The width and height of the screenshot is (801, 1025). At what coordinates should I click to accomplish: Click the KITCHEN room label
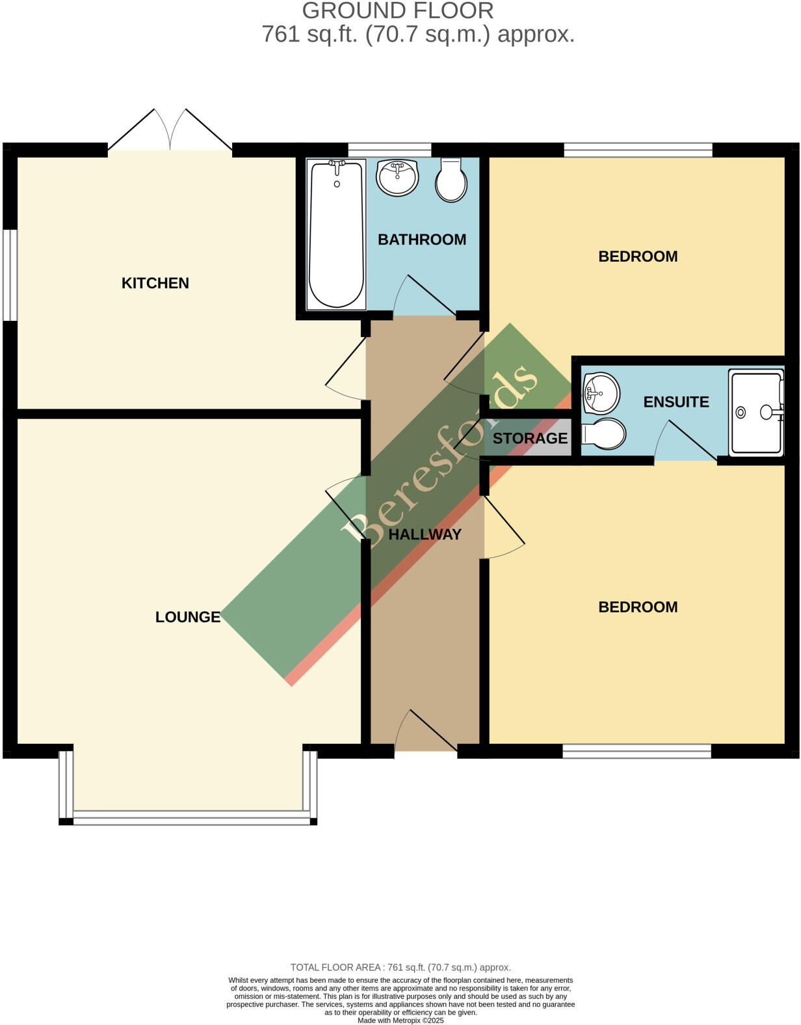tap(155, 283)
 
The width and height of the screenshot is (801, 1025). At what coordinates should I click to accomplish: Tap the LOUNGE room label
tap(188, 617)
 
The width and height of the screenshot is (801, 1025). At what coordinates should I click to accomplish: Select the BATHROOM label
tap(422, 239)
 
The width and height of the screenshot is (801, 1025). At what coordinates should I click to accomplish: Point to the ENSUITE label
tap(676, 402)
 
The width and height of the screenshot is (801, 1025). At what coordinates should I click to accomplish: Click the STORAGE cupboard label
tap(530, 439)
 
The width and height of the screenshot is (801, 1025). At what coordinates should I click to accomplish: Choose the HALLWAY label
tap(425, 535)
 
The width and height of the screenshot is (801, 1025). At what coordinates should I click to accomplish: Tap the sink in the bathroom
tap(397, 177)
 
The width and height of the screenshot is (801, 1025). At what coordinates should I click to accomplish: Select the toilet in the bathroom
tap(451, 181)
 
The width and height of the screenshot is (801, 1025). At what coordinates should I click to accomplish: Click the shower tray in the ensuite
tap(756, 412)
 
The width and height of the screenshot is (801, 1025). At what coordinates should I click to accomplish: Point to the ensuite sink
tap(600, 392)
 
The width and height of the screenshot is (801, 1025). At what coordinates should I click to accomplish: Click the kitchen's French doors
tap(170, 133)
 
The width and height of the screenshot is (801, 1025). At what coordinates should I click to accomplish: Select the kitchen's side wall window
tap(10, 275)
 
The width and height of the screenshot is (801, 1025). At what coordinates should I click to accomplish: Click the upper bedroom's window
tap(638, 150)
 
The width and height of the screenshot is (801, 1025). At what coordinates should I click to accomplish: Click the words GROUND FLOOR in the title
tap(398, 10)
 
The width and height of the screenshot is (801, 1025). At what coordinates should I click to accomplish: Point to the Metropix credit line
tap(400, 1020)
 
